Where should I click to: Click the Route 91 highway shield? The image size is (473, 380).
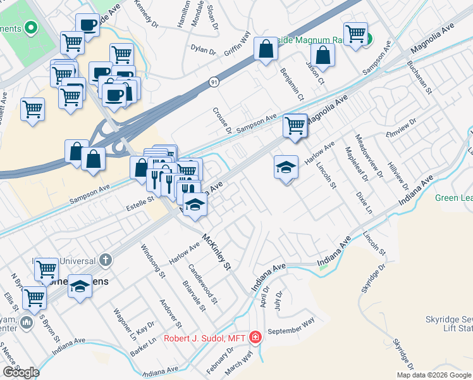(214, 82)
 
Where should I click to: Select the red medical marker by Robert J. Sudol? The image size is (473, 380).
(255, 337)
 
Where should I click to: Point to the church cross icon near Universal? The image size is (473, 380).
(106, 260)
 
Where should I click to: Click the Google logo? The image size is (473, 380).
(21, 372)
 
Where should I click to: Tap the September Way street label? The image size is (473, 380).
(291, 328)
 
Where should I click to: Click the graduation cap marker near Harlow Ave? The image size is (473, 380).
(286, 168)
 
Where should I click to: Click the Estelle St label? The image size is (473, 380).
(141, 199)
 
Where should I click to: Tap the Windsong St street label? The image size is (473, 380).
(153, 262)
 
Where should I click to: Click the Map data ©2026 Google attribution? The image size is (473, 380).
(433, 374)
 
